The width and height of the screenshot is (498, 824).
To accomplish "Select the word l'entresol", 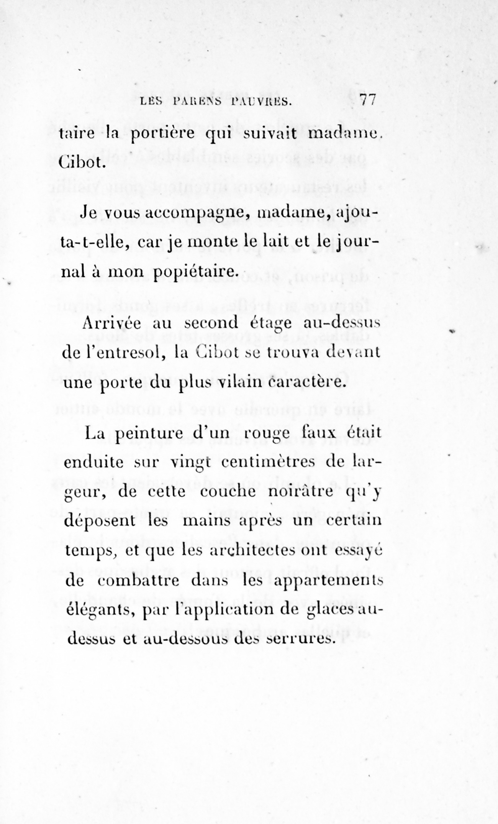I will [x=113, y=352].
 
